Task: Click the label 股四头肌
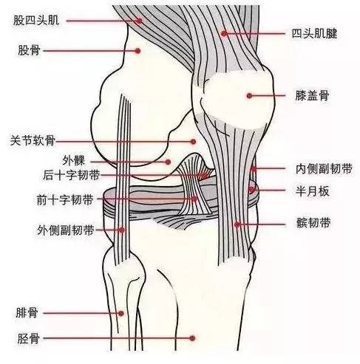pos(36,20)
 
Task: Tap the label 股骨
pos(29,50)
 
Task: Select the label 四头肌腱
pos(314,33)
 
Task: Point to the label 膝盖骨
pos(312,95)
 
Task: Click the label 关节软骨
pos(33,141)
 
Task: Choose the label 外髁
pos(73,161)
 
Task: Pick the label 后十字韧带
pos(72,176)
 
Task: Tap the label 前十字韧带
pos(65,200)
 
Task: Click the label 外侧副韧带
pos(66,230)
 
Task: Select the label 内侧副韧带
pos(324,169)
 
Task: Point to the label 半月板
pos(312,191)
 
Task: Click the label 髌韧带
pos(313,223)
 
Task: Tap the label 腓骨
pos(27,313)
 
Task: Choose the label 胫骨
pos(29,339)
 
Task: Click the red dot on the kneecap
pos(249,95)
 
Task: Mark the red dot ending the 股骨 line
pos(137,51)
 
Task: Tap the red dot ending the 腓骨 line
pos(120,313)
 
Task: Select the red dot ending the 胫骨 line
pos(192,338)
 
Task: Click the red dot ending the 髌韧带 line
pos(237,224)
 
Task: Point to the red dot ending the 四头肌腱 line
pos(224,33)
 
